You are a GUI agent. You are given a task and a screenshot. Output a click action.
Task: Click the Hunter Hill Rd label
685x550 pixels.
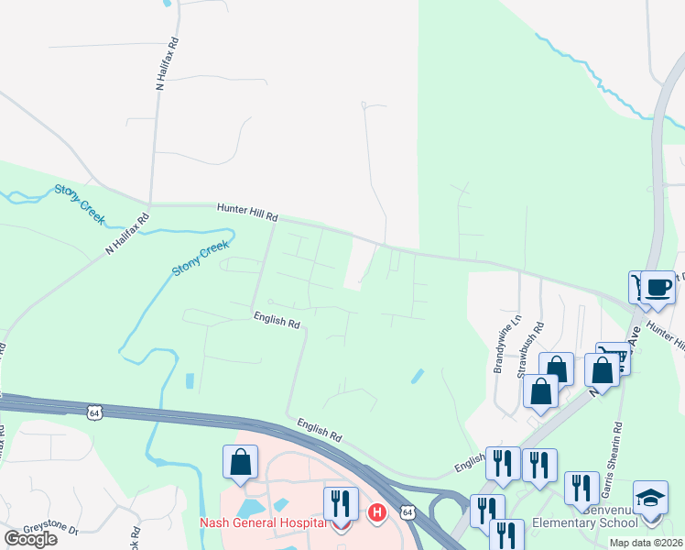pyautogui.click(x=246, y=214)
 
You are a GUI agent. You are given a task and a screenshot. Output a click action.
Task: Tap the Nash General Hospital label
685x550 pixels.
pyautogui.click(x=263, y=523)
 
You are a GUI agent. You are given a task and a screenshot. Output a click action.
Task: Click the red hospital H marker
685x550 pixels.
pyautogui.click(x=376, y=512)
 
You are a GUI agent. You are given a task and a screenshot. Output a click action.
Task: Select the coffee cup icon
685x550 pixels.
pyautogui.click(x=658, y=287)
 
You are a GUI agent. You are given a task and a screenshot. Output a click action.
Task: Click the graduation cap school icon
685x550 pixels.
pyautogui.click(x=650, y=498)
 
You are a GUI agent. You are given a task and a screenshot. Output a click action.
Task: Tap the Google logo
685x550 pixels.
pyautogui.click(x=30, y=539)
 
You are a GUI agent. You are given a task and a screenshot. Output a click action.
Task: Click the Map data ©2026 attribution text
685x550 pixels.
pyautogui.click(x=645, y=543)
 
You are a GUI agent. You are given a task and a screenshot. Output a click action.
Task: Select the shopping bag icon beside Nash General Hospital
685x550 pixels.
pyautogui.click(x=240, y=462)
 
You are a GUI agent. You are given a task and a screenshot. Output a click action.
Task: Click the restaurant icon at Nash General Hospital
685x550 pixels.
pyautogui.click(x=340, y=503)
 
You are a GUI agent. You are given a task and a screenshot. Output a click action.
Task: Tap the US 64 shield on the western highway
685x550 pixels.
pyautogui.click(x=93, y=413)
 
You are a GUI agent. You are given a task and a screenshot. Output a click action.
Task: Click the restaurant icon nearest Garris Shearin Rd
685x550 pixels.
pyautogui.click(x=582, y=489)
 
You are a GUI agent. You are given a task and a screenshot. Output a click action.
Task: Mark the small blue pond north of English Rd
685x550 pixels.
pyautogui.click(x=418, y=376)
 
